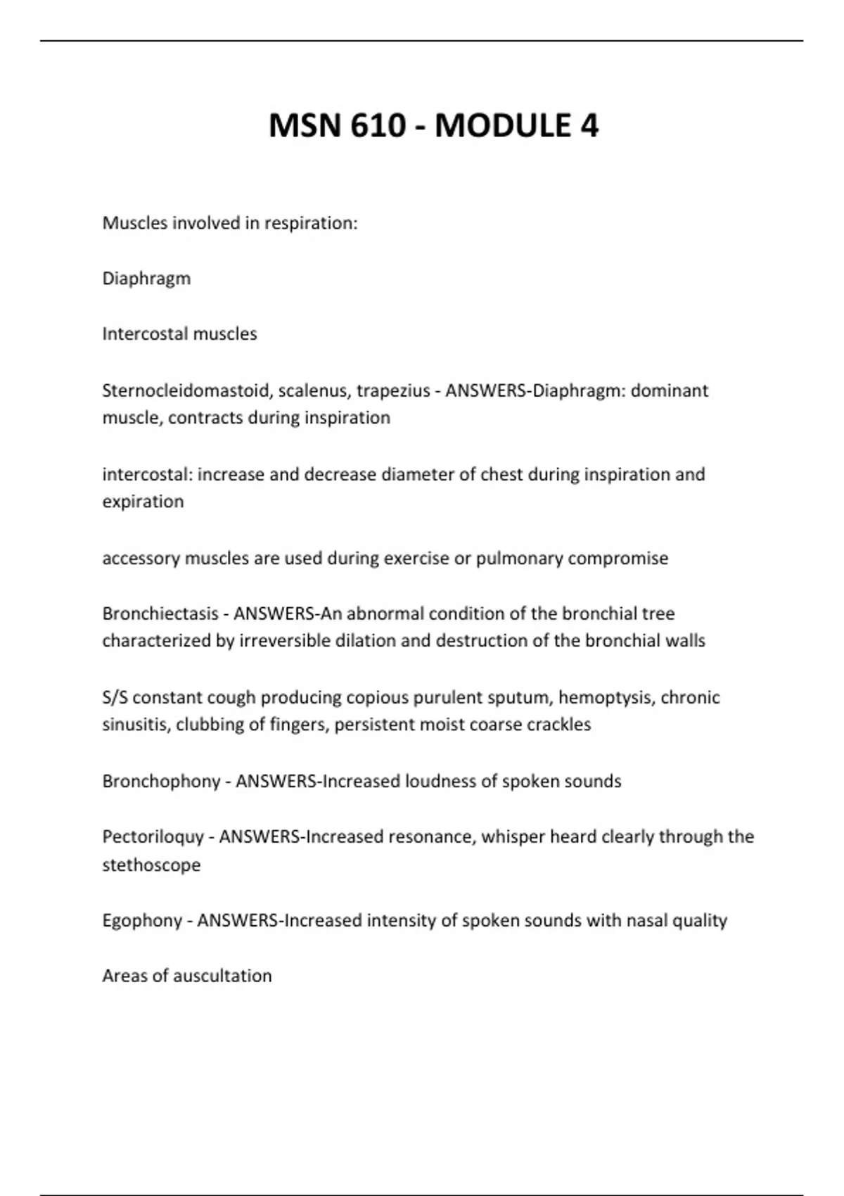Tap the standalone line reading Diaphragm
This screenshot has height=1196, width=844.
coord(146,279)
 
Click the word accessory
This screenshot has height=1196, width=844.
coord(141,559)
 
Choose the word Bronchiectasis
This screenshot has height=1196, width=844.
coord(160,613)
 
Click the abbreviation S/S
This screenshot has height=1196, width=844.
coord(115,697)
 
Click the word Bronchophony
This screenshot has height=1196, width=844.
coord(161,782)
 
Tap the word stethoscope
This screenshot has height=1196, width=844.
coord(151,865)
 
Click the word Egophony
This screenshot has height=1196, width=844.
coord(142,920)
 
